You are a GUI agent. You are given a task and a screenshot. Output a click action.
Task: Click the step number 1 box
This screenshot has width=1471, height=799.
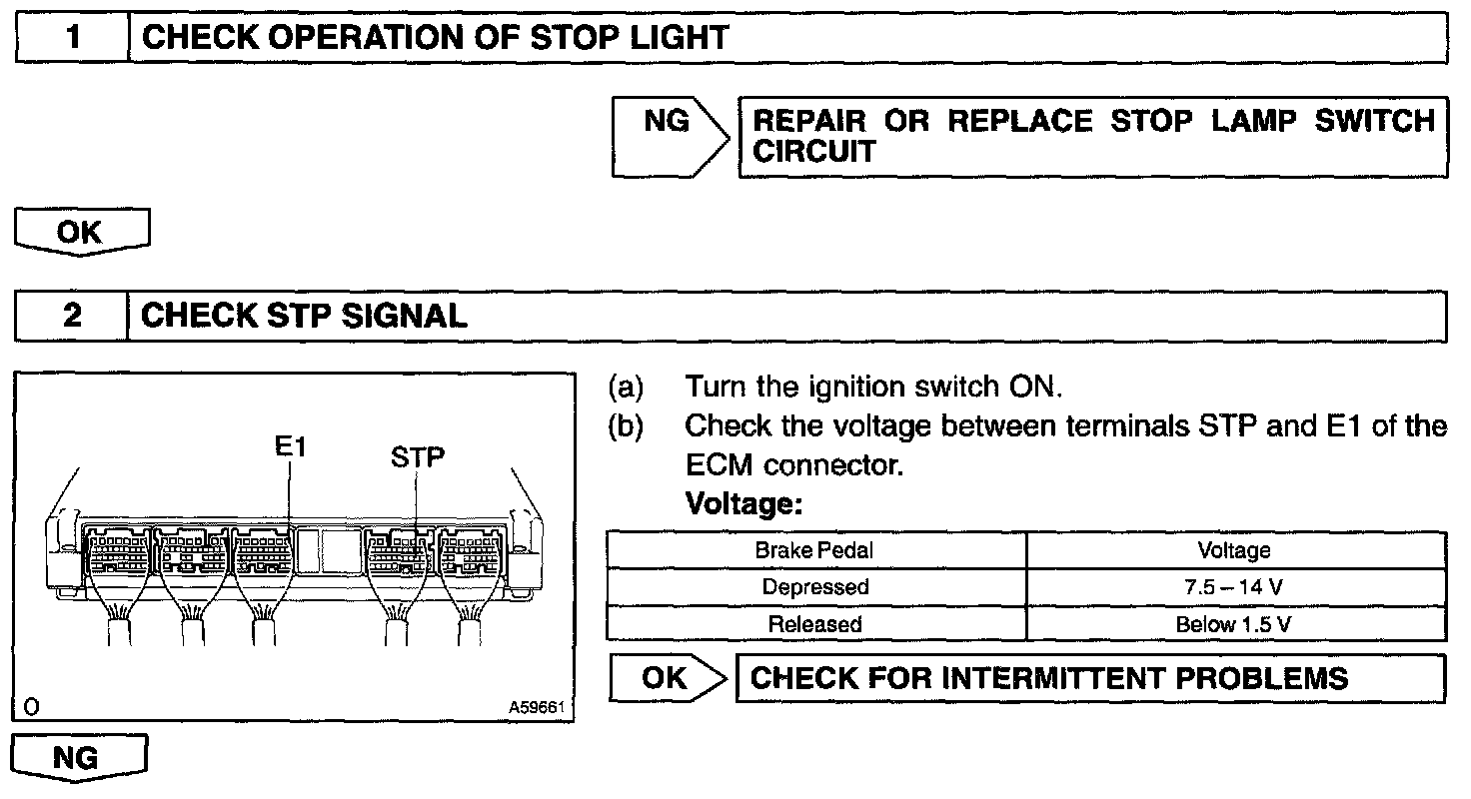click(73, 38)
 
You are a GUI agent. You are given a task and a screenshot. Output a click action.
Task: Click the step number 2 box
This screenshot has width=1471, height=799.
click(73, 317)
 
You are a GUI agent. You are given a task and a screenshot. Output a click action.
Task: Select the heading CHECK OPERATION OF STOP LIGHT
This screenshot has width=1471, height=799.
click(436, 38)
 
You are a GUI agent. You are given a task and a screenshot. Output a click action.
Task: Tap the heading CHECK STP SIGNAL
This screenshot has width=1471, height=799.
click(305, 317)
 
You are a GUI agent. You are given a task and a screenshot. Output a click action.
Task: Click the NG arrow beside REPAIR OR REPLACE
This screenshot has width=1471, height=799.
click(669, 137)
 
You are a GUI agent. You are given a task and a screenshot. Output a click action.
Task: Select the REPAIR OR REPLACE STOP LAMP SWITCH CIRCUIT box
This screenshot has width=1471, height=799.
click(1092, 137)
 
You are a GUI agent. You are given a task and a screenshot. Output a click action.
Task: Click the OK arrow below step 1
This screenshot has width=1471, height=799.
click(81, 233)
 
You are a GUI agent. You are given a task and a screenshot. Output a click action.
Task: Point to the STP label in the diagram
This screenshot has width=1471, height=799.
click(418, 457)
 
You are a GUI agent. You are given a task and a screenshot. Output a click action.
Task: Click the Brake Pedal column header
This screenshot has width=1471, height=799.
click(815, 550)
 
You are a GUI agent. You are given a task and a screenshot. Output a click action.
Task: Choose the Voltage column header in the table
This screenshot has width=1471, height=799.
click(1235, 550)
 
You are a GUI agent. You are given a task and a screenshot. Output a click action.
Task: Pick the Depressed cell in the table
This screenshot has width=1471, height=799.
click(815, 587)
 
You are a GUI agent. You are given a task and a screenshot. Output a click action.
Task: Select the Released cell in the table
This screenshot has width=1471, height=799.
click(815, 624)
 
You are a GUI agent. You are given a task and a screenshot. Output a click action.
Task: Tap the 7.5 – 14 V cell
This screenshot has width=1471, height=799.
click(1235, 587)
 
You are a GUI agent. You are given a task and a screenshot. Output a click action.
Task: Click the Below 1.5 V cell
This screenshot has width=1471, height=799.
click(1235, 624)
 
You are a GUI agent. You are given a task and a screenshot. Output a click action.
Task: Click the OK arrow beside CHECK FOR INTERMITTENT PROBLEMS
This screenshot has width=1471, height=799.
click(668, 679)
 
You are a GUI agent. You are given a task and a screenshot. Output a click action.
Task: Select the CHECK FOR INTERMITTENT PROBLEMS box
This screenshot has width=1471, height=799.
click(1089, 679)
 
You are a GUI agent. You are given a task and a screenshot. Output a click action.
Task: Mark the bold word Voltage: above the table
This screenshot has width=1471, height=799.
click(743, 504)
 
